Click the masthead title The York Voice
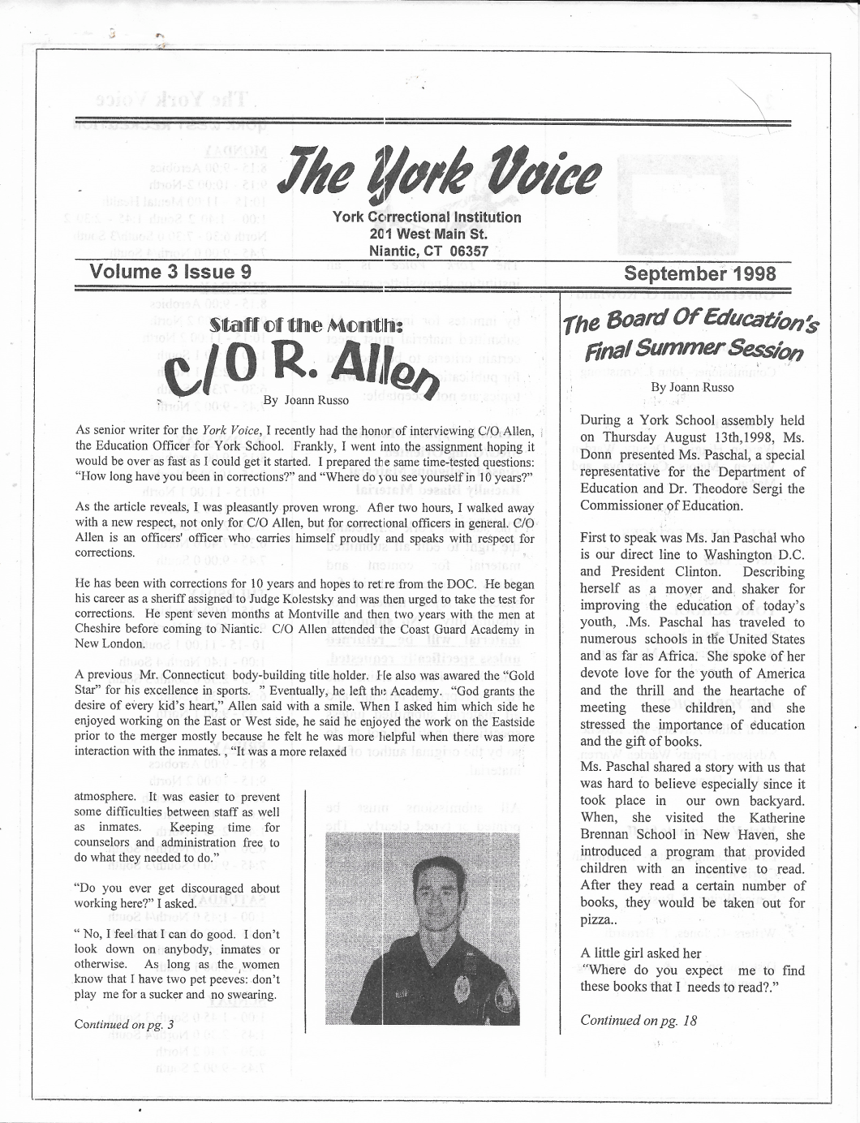[x=439, y=172]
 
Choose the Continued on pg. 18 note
[x=639, y=1020]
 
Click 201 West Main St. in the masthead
[x=427, y=235]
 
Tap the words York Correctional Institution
[x=427, y=217]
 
